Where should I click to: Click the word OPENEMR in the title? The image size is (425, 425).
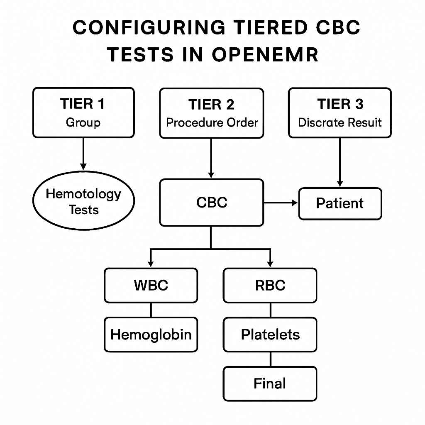[265, 54]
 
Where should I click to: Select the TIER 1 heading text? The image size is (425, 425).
[83, 103]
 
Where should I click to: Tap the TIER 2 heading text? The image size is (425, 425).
[211, 104]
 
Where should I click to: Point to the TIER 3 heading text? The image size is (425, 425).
[340, 104]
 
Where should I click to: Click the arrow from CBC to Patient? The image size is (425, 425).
[281, 203]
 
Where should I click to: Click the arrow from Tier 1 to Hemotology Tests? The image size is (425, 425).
[83, 154]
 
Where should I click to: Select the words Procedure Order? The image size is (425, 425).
[212, 122]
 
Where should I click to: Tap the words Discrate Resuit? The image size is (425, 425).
[340, 122]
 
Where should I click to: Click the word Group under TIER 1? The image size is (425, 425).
[83, 122]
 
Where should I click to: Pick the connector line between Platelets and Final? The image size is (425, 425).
[271, 359]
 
